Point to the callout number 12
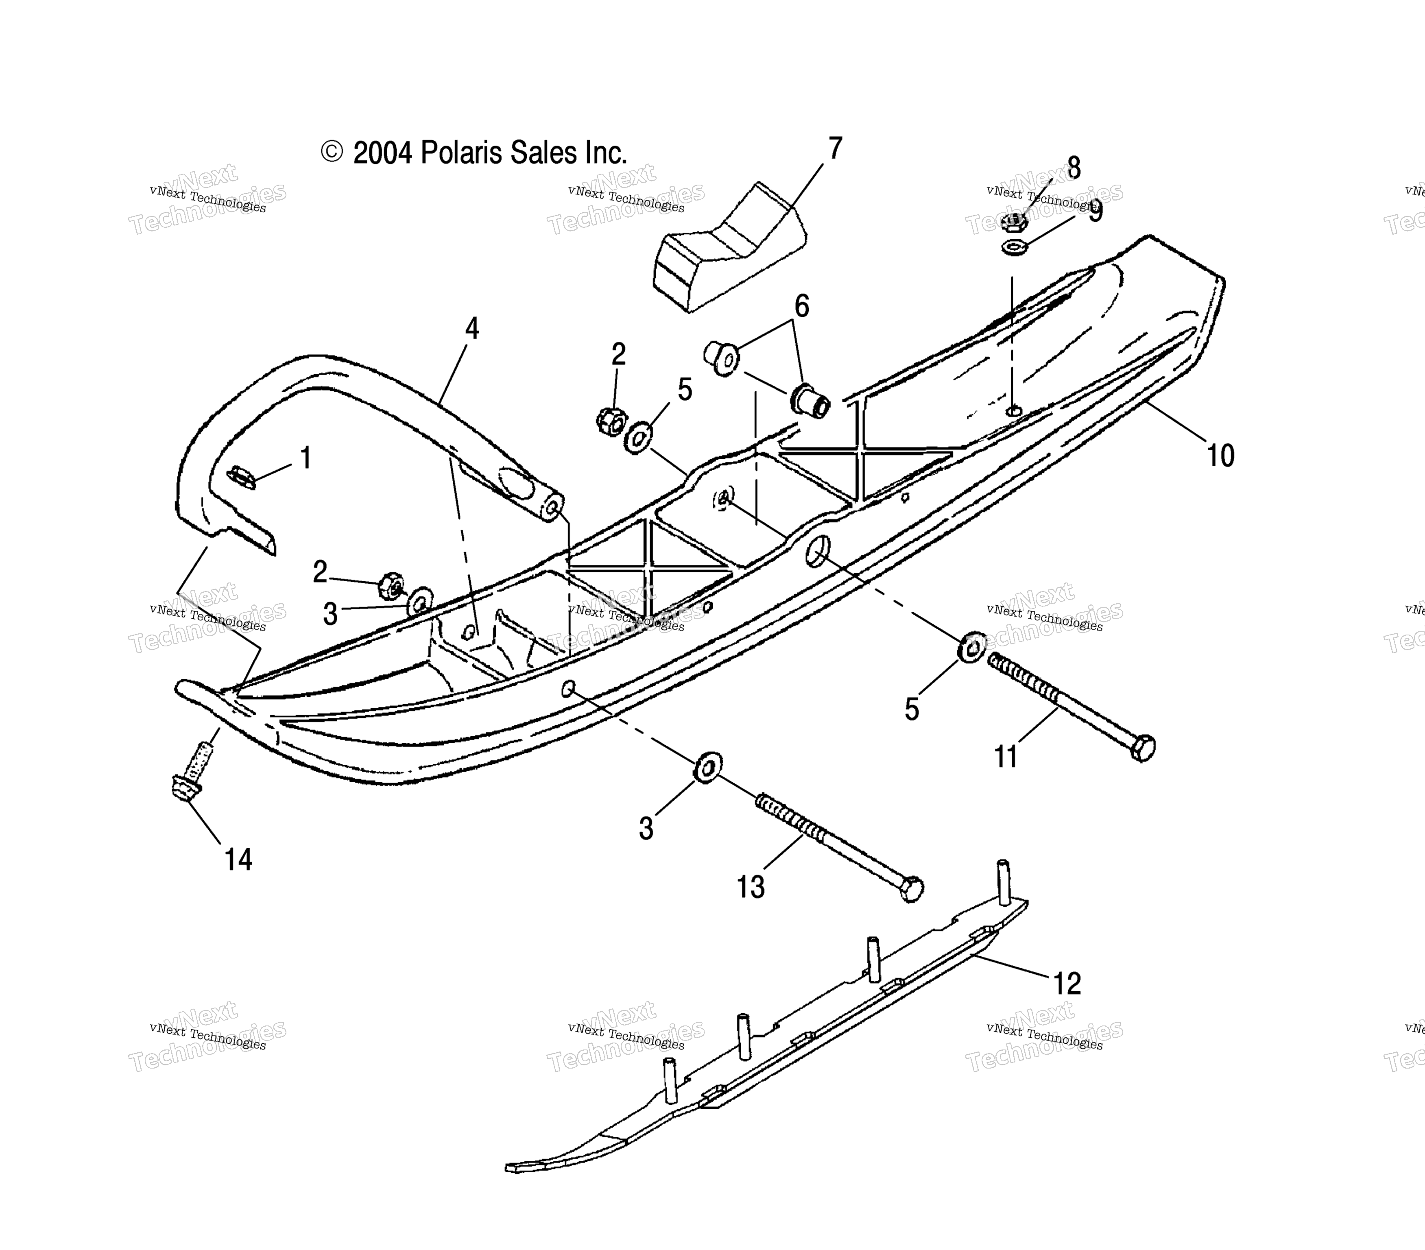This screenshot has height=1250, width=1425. pos(1067,984)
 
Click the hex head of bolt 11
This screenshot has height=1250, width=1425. pos(1144,748)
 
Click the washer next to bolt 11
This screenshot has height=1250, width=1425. pos(971,647)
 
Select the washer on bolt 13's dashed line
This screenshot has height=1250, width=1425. pos(708,768)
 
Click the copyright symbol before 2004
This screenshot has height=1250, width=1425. pos(332,152)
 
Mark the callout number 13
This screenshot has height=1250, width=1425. pos(751,888)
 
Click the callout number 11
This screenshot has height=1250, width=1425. pos(1006,757)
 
